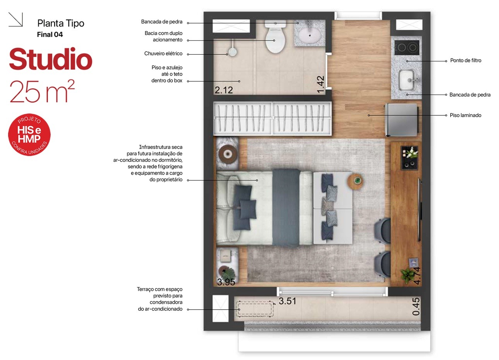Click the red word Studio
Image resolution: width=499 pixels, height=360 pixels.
tap(51, 59)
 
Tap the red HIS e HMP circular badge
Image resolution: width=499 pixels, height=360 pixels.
tap(29, 135)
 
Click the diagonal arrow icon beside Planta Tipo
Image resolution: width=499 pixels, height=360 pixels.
tap(15, 19)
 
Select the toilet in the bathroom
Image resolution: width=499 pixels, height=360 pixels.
tap(275, 36)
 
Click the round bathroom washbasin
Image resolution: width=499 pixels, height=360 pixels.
tap(310, 34)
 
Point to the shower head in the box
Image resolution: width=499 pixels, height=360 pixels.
tap(232, 52)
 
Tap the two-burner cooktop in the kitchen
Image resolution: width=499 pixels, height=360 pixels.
tap(407, 47)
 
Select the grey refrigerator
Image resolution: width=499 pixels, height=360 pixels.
tap(402, 120)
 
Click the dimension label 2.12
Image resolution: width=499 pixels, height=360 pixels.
tap(224, 90)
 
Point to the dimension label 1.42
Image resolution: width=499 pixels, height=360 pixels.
tap(321, 84)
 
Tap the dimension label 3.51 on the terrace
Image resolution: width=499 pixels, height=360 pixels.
tap(287, 301)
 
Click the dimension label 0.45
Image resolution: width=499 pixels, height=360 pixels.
tap(416, 307)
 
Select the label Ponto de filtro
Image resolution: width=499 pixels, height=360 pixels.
tap(466, 60)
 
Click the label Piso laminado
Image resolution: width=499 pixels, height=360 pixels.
tap(465, 115)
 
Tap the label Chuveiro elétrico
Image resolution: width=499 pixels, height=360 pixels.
tap(163, 53)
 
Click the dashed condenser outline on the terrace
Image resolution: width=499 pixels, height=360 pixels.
tap(255, 309)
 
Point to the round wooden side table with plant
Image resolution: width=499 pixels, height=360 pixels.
tap(355, 181)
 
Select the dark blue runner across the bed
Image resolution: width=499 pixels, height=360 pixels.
tap(286, 207)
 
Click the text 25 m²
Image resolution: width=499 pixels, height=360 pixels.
tap(42, 91)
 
